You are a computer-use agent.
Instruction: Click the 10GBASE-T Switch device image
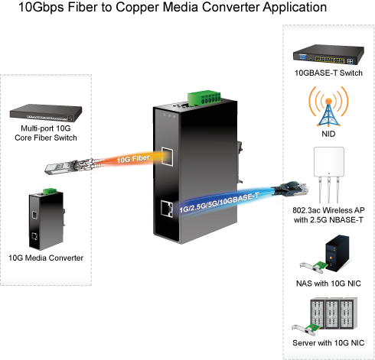click(x=328, y=54)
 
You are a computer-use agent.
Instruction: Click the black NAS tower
click(x=337, y=254)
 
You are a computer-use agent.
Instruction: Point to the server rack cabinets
click(x=334, y=313)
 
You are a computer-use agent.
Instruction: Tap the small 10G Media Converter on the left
click(x=47, y=219)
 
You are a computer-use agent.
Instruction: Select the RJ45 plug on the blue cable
click(x=291, y=190)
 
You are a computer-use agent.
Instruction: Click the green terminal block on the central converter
click(x=204, y=98)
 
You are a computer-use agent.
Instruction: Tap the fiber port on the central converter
click(x=168, y=157)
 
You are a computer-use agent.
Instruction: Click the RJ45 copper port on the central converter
click(x=167, y=209)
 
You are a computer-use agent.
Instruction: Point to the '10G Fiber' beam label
click(x=133, y=159)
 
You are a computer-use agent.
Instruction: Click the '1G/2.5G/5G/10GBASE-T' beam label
click(x=219, y=203)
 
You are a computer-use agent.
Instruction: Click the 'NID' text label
click(x=328, y=134)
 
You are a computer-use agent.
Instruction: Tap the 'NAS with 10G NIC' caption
click(x=328, y=284)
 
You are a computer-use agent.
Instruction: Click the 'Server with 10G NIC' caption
click(x=328, y=343)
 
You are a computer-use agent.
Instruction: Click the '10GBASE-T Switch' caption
click(x=328, y=73)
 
